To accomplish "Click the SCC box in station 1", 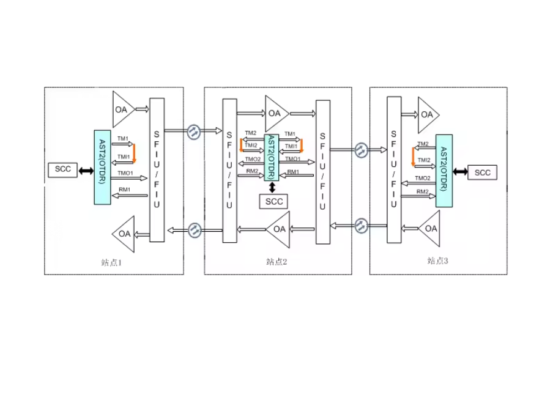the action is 62,170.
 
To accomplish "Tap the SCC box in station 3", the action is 482,172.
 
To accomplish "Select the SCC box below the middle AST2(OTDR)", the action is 273,201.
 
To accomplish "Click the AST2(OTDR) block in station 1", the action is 103,168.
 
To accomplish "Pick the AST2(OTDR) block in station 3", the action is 444,171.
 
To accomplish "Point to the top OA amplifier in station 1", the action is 123,109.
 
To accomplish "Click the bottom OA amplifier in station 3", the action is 429,229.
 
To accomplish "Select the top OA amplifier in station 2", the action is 276,114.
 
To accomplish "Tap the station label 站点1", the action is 111,263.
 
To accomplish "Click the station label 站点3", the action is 437,260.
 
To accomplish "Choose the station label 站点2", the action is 277,262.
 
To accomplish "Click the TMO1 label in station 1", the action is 125,173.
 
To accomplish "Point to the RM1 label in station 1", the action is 124,190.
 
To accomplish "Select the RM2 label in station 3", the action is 422,191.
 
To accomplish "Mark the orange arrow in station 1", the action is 134,153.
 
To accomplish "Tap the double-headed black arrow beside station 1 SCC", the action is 86,171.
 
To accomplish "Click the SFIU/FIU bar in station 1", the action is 157,170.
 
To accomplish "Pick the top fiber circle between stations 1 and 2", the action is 194,131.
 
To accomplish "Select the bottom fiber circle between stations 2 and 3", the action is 362,226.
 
